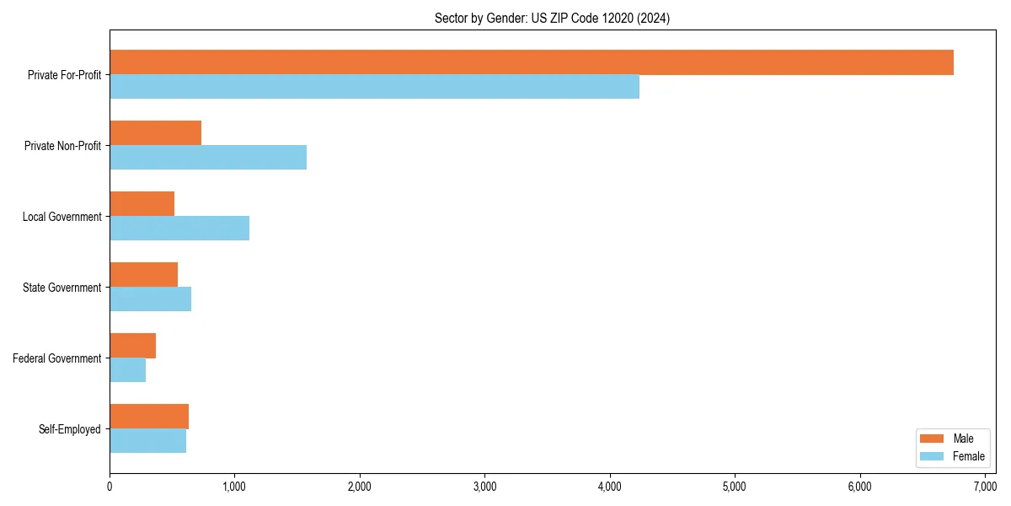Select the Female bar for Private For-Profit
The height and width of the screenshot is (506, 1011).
point(374,87)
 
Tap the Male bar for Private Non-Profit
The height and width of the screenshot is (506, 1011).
point(155,133)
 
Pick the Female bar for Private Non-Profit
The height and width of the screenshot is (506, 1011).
point(208,158)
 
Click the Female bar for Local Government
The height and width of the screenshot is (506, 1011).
point(179,229)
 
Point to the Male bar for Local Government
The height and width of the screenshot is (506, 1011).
point(142,204)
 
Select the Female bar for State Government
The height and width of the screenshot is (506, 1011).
point(150,299)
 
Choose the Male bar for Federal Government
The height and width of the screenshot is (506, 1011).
point(132,346)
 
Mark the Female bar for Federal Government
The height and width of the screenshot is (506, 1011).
point(127,370)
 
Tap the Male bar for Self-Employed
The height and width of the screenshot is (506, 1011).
point(149,417)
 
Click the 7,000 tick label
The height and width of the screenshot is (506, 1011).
point(985,487)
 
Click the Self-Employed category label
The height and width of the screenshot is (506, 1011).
point(70,429)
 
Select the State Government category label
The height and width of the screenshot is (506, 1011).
point(62,288)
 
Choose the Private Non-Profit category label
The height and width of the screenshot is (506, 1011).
point(62,146)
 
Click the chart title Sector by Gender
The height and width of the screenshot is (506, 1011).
point(552,19)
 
